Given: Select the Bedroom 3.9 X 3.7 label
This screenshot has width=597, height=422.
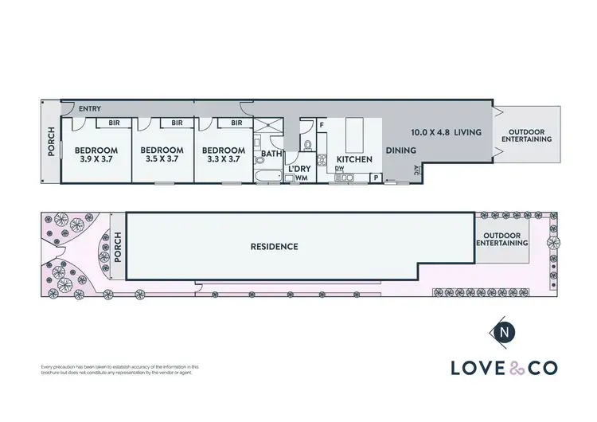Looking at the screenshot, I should click(96, 154).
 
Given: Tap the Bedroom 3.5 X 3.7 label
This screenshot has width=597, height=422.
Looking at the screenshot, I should click(162, 154).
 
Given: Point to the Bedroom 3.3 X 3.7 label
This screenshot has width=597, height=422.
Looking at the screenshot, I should click(222, 154).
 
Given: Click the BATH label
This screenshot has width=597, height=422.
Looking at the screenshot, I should click(271, 154).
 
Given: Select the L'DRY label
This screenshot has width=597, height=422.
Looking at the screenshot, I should click(299, 169).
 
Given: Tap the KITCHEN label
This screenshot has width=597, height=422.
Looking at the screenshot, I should click(354, 159).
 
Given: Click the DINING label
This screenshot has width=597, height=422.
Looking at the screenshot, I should click(400, 150).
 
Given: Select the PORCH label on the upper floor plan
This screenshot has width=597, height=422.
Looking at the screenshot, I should click(51, 141).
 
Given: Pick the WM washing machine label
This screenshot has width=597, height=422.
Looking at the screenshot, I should click(301, 178).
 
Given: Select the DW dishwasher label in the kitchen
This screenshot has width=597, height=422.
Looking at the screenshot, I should click(339, 169).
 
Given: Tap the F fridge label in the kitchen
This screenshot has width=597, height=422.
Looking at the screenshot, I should click(322, 125).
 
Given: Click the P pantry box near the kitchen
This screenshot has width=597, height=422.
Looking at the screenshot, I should click(376, 178).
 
